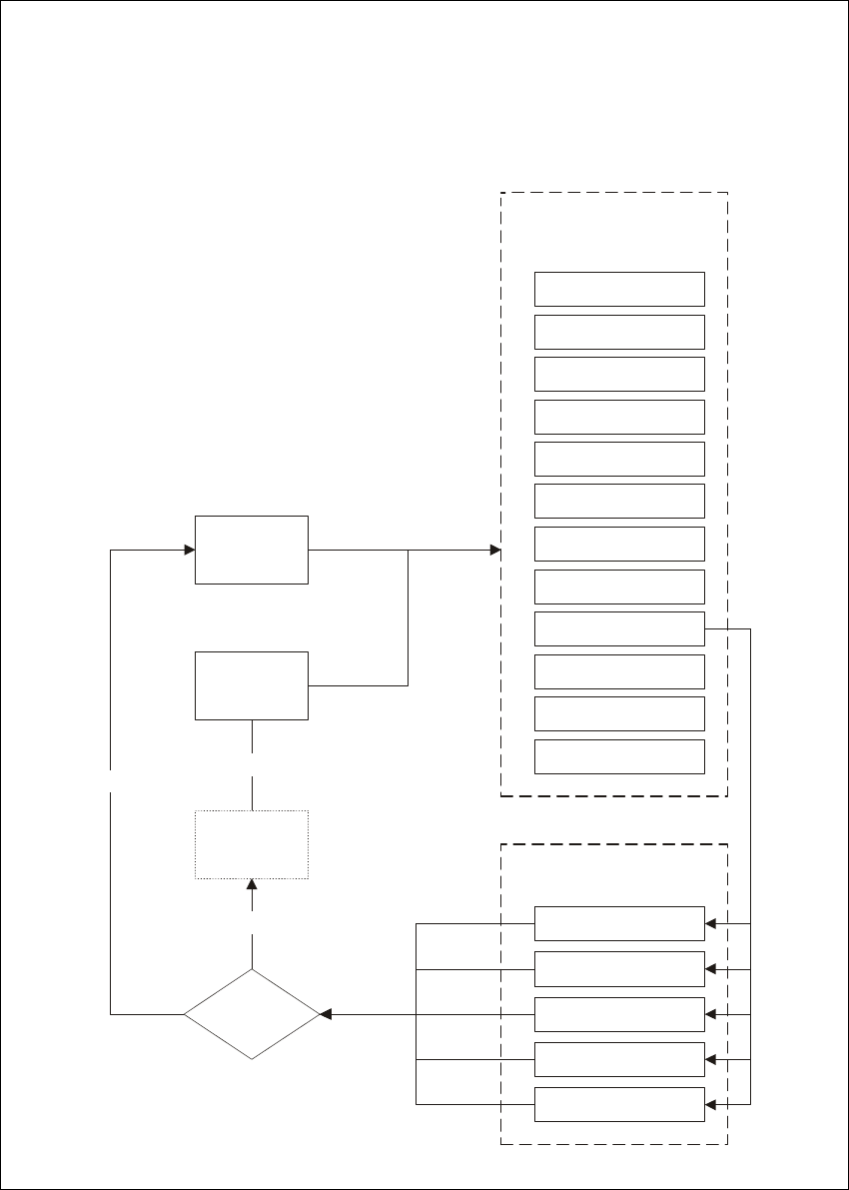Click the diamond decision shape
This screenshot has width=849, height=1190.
252,1014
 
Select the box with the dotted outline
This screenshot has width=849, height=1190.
252,844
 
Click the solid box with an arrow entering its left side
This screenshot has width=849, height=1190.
252,550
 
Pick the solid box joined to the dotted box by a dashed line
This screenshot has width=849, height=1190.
252,685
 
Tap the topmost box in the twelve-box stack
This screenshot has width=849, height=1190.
619,289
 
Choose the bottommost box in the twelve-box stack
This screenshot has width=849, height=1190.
619,756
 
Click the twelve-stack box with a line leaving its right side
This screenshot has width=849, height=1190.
619,628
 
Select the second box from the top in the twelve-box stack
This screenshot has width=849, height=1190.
619,332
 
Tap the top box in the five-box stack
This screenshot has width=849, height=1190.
619,924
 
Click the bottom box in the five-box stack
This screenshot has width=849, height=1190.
619,1104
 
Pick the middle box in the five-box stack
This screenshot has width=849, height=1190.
619,1014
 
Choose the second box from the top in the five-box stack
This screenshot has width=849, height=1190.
619,969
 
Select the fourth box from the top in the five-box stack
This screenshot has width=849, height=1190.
619,1059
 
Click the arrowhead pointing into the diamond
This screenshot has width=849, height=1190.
326,1014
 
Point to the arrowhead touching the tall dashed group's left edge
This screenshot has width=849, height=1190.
494,550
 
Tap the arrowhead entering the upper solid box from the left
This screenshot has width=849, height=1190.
189,550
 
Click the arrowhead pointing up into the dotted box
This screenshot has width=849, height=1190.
252,885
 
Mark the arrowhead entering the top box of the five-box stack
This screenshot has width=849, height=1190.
711,924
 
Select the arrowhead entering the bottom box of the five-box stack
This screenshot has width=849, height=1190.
711,1104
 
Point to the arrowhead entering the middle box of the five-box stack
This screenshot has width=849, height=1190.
711,1014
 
